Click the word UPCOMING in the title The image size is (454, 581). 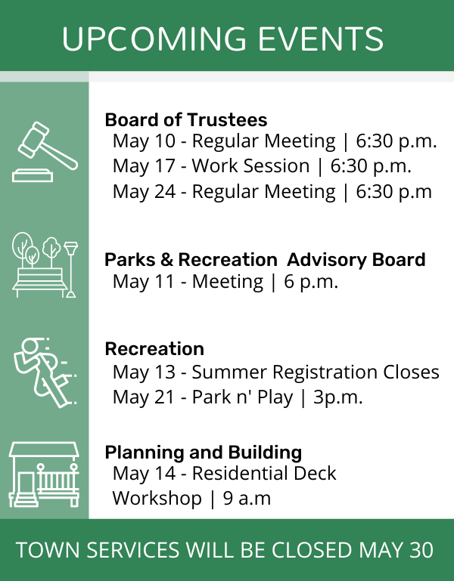click(x=154, y=39)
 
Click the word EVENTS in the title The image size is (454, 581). click(x=320, y=39)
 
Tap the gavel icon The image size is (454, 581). click(x=45, y=152)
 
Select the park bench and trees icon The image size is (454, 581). click(x=45, y=265)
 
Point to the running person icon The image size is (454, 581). click(x=45, y=372)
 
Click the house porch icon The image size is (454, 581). click(x=44, y=474)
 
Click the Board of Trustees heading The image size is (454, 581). click(x=186, y=119)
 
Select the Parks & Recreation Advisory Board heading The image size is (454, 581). click(x=265, y=259)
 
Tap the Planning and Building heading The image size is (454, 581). click(x=204, y=452)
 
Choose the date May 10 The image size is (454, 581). click(x=144, y=141)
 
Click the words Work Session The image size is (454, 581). click(x=250, y=165)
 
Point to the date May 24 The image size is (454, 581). click(x=144, y=192)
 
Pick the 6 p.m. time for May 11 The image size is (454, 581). click(x=311, y=282)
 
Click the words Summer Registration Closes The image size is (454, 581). click(x=316, y=372)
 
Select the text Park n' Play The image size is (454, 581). click(x=242, y=397)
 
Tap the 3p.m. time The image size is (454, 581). click(x=337, y=397)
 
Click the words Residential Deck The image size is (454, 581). click(x=264, y=473)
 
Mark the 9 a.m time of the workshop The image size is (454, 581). click(x=247, y=499)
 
